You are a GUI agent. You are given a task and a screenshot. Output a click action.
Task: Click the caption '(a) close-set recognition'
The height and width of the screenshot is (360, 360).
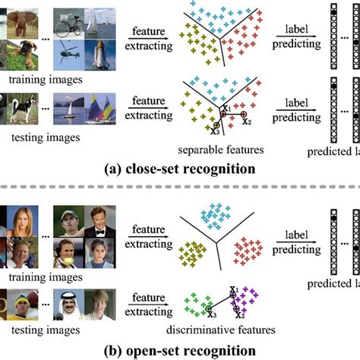tap(181, 167)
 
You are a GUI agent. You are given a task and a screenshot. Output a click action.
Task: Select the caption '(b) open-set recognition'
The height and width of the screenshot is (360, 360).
tap(181, 350)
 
